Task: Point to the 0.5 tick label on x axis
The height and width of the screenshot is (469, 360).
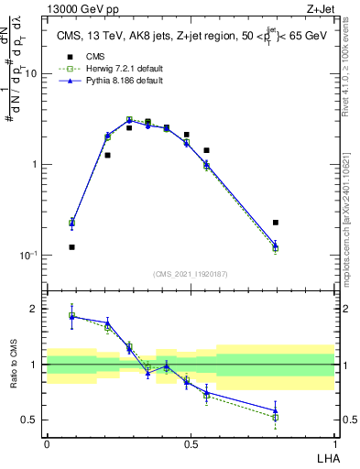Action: coord(191,444)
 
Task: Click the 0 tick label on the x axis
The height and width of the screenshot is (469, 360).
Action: coord(47,444)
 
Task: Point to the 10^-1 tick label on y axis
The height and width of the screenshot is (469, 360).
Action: coord(27,256)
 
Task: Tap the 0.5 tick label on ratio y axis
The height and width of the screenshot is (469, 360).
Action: coord(32,420)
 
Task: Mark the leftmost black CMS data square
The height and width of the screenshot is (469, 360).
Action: coord(71,247)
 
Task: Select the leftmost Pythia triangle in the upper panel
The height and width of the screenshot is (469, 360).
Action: coord(71,222)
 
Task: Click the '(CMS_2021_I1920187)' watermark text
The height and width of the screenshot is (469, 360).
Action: coord(191,274)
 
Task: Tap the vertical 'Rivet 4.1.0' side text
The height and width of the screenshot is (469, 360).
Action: coord(352,73)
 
